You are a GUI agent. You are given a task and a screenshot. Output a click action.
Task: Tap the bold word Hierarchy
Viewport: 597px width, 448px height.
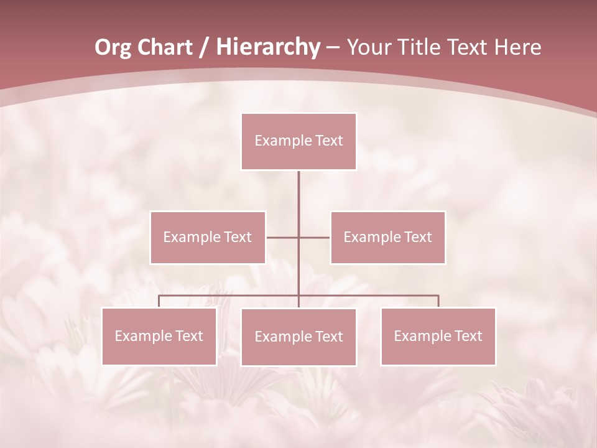coord(267,47)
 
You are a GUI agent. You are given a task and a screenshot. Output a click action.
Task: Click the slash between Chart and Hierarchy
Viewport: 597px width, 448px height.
coord(204,47)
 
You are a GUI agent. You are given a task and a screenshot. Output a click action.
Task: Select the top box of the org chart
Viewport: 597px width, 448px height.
coord(298,141)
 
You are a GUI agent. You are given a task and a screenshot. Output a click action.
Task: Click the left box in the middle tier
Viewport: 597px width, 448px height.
coord(208,237)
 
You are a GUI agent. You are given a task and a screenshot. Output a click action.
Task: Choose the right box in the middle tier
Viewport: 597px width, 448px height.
coord(387,237)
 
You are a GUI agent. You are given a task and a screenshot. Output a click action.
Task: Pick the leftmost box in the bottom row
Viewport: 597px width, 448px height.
coord(159,336)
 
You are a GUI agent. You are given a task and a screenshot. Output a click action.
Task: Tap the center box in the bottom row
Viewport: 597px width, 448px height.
coord(298,337)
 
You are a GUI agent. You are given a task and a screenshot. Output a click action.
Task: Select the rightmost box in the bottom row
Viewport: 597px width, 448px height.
coord(438,336)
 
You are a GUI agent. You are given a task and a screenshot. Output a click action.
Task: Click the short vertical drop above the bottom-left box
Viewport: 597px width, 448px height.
coord(159,301)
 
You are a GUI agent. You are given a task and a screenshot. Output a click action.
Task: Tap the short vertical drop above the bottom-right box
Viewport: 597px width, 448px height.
coord(438,301)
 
